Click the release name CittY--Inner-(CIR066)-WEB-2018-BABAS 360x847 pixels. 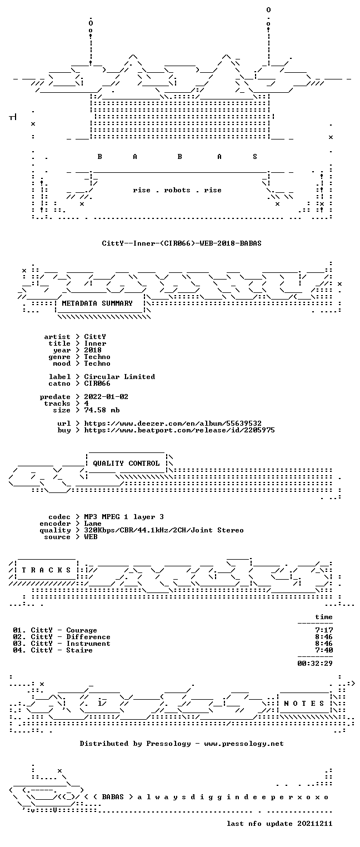click(x=182, y=243)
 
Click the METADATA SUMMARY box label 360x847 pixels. click(x=97, y=303)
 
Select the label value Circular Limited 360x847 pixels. click(x=119, y=377)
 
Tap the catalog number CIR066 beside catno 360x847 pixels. click(x=97, y=383)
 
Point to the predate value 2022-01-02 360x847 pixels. click(x=106, y=397)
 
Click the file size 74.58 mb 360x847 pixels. click(x=102, y=410)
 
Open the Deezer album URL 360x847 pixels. click(x=173, y=423)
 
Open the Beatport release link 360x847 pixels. click(x=179, y=430)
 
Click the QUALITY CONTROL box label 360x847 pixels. click(x=126, y=463)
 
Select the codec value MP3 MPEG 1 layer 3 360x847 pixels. click(x=124, y=517)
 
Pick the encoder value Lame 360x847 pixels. click(x=93, y=524)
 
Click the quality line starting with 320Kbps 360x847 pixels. click(x=164, y=530)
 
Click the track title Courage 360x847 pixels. click(x=82, y=630)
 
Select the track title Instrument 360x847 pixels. click(x=88, y=643)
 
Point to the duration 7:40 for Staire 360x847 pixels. click(x=324, y=650)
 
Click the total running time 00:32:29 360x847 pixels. click(x=315, y=663)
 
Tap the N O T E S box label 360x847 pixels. click(x=304, y=703)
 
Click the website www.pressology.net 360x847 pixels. click(x=244, y=744)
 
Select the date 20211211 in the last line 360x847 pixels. click(x=315, y=824)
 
